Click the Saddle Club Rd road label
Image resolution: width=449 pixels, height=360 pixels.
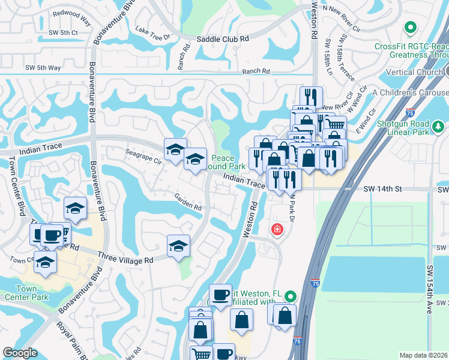click(223, 39)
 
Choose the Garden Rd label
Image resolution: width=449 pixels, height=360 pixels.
click(188, 202)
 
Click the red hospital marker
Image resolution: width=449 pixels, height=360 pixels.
click(277, 229)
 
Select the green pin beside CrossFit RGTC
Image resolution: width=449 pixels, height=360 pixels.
click(411, 27)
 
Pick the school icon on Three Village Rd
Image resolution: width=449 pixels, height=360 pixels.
click(178, 246)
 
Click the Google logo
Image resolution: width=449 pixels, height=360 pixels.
click(20, 353)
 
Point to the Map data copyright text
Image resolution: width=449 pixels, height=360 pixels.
click(423, 355)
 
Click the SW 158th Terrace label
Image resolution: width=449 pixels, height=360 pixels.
click(342, 61)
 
